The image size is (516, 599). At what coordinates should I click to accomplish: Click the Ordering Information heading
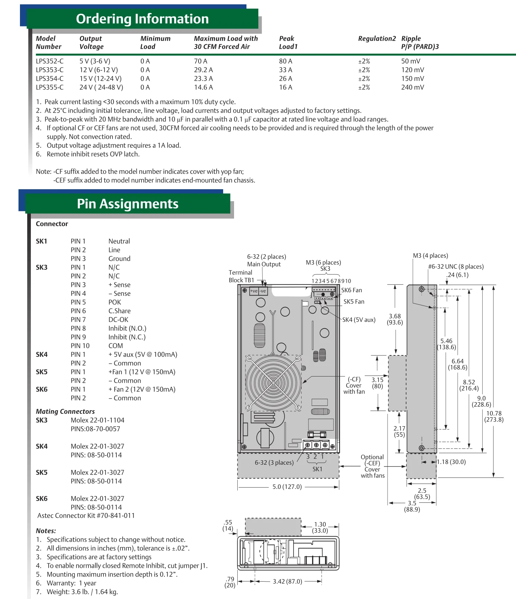(142, 19)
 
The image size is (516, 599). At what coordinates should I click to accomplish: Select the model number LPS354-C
(50, 79)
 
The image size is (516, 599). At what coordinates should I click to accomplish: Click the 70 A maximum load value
(200, 61)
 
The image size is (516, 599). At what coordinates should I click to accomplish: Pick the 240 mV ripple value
(413, 87)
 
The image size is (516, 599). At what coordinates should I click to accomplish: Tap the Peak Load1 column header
(288, 42)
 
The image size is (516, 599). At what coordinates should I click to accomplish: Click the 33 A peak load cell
(285, 70)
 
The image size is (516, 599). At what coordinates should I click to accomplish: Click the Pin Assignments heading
(127, 204)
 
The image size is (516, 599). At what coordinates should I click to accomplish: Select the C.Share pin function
(119, 311)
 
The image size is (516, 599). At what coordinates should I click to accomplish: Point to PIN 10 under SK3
(80, 346)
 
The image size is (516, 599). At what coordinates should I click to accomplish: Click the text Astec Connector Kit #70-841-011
(86, 516)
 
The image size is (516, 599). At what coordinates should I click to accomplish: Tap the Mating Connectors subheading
(65, 411)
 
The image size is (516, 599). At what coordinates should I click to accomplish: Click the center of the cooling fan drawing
(273, 383)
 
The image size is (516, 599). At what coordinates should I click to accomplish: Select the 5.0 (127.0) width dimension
(287, 487)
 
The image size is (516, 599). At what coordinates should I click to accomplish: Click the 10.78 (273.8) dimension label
(494, 416)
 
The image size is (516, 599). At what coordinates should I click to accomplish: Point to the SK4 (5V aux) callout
(359, 320)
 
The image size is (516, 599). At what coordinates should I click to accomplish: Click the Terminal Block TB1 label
(241, 276)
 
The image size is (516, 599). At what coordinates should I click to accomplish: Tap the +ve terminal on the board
(254, 291)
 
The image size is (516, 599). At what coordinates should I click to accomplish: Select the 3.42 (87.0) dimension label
(287, 582)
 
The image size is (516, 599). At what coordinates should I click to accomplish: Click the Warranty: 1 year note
(71, 583)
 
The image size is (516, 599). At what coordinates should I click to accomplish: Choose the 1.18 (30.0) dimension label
(451, 462)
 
